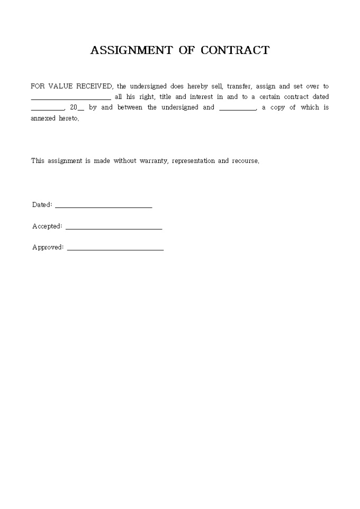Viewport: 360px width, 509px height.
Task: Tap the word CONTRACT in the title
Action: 235,50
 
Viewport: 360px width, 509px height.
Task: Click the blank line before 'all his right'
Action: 71,98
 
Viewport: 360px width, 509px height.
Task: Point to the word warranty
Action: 154,161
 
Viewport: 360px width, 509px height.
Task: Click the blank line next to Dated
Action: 103,206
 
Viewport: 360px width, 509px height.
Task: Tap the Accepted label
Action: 47,226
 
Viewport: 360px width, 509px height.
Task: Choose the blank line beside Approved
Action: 115,249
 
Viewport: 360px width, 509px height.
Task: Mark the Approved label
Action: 48,247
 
